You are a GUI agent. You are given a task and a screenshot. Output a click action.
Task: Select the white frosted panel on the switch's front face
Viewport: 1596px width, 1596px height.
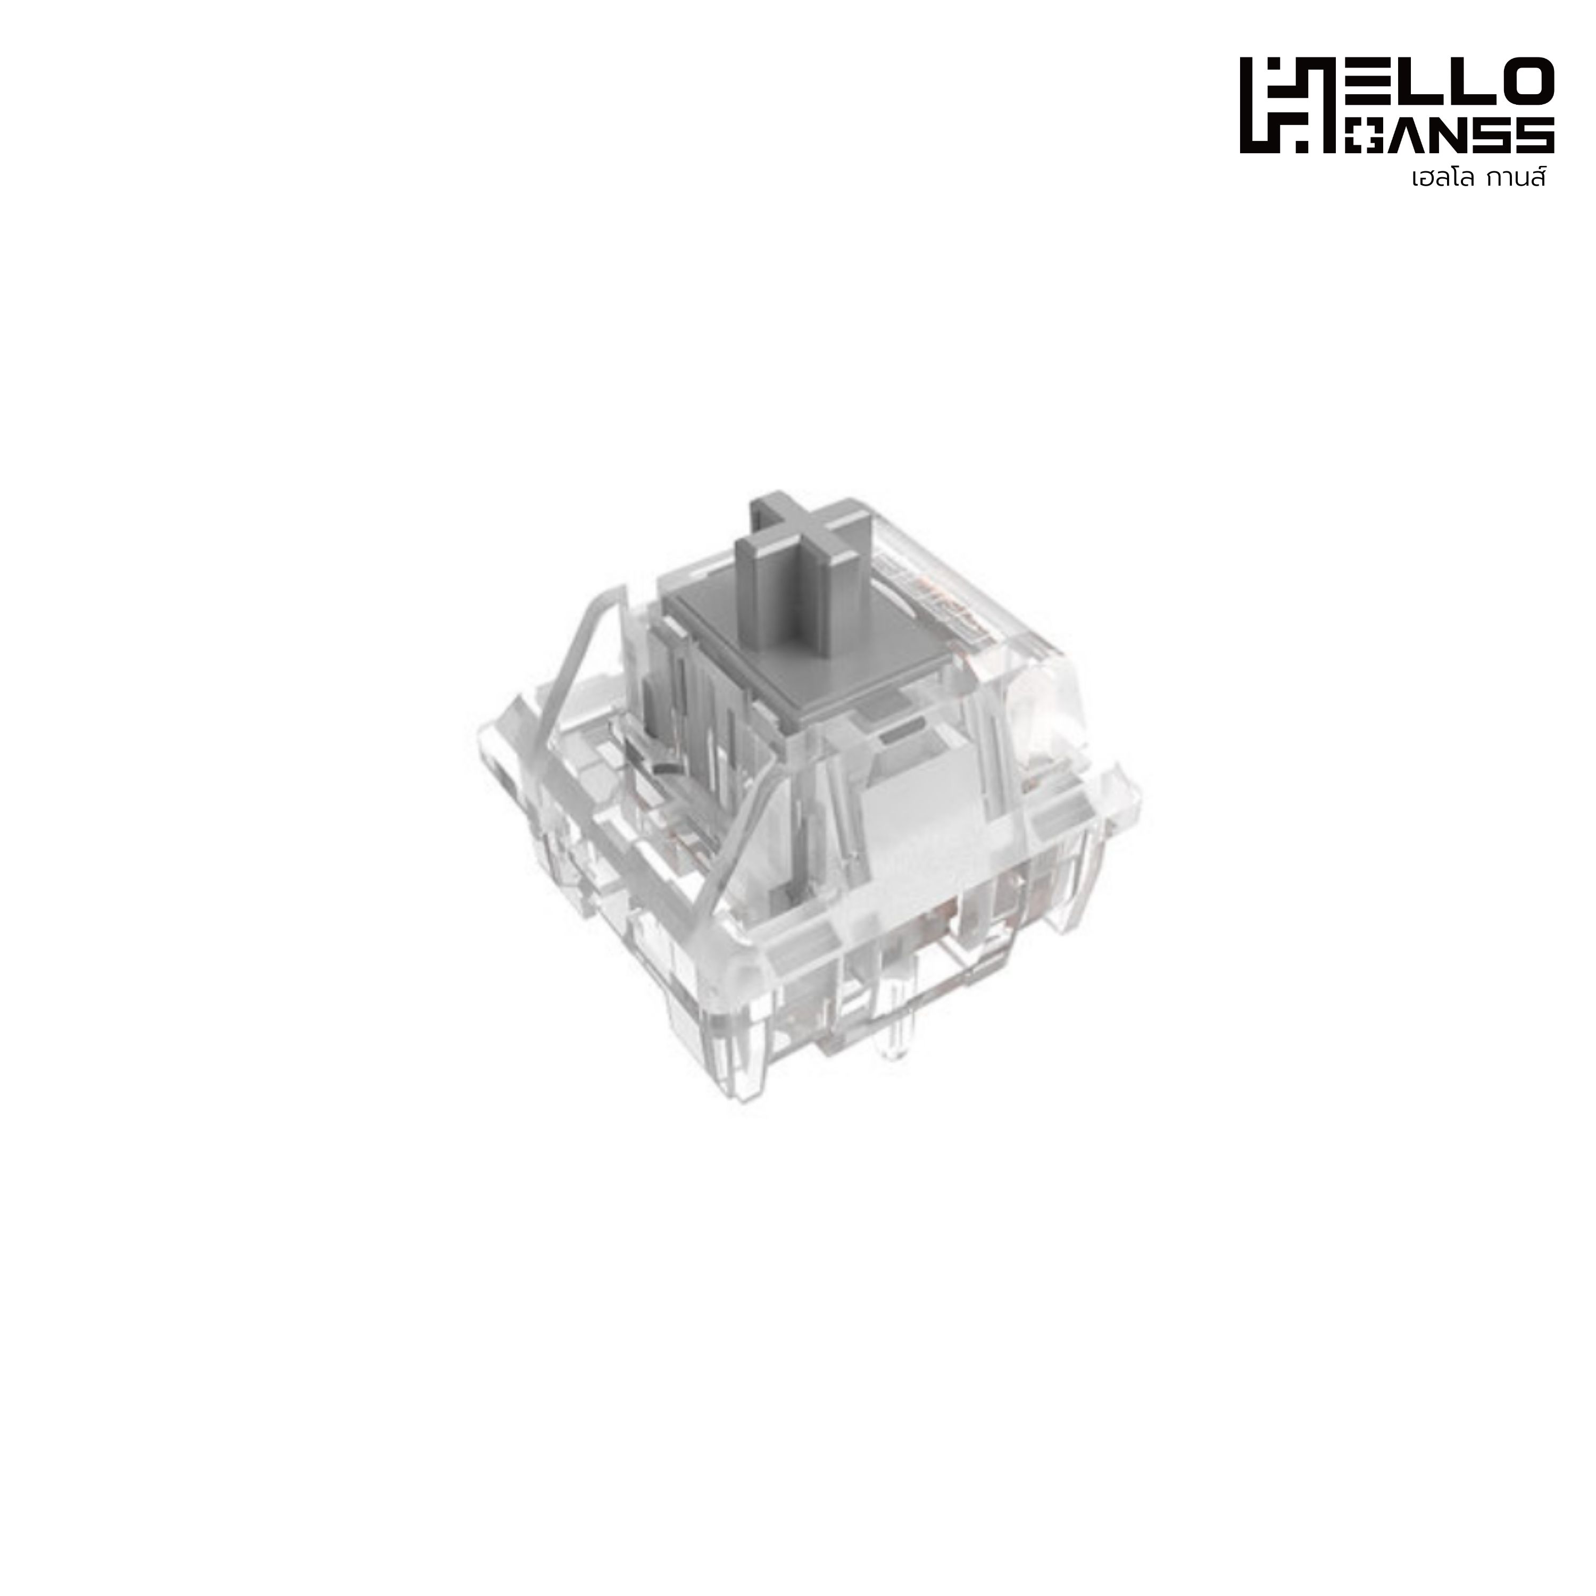[913, 834]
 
